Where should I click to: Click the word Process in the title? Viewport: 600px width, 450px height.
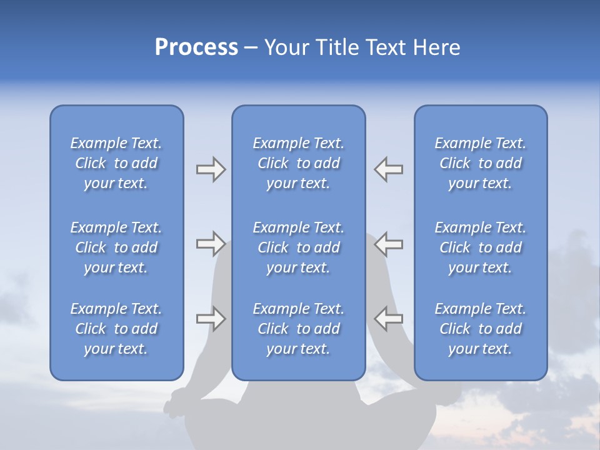[x=196, y=47]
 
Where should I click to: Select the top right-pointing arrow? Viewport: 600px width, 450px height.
[x=211, y=169]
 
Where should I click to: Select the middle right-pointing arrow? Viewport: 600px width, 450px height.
[x=211, y=244]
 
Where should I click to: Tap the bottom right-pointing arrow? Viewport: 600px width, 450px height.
[x=211, y=319]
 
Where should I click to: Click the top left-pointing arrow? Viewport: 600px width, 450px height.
[x=388, y=169]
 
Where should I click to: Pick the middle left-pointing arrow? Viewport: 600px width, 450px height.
[x=388, y=244]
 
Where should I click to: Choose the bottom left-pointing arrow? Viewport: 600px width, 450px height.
[x=388, y=319]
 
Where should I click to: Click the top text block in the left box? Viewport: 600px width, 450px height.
[x=116, y=163]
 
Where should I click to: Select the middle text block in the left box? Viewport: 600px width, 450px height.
[x=116, y=247]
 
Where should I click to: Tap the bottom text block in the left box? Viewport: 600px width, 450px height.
[x=116, y=329]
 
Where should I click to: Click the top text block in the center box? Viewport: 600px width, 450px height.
[x=298, y=163]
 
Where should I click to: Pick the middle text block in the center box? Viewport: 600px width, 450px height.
[x=298, y=247]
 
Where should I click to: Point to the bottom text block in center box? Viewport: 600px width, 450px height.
[x=298, y=329]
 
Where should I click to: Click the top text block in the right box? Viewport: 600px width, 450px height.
[x=480, y=163]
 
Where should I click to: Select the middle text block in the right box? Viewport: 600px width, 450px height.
[x=480, y=247]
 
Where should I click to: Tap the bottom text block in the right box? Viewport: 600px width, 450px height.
[x=480, y=329]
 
